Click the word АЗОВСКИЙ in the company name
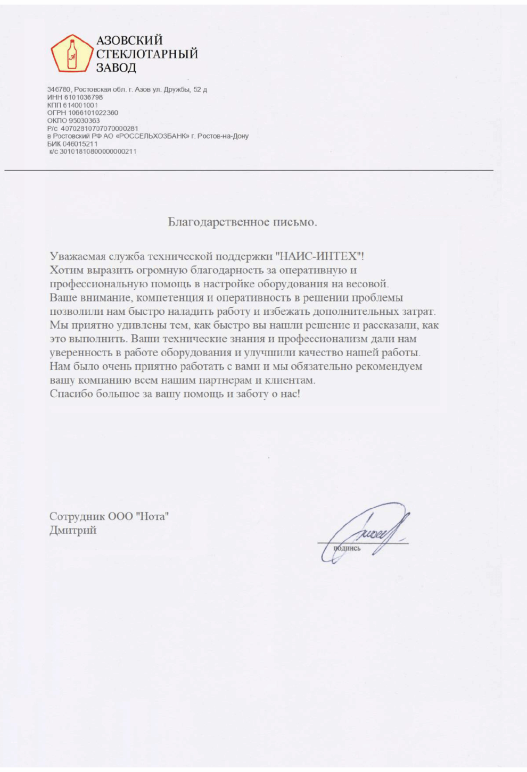(129, 40)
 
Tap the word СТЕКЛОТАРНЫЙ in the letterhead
(147, 54)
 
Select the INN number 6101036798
(84, 98)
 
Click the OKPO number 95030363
(84, 121)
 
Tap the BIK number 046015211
(80, 144)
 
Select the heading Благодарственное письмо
(243, 222)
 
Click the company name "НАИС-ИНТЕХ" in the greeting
(320, 256)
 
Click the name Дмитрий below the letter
(73, 530)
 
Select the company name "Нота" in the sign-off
(152, 516)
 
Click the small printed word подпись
(347, 548)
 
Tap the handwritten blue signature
(367, 532)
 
